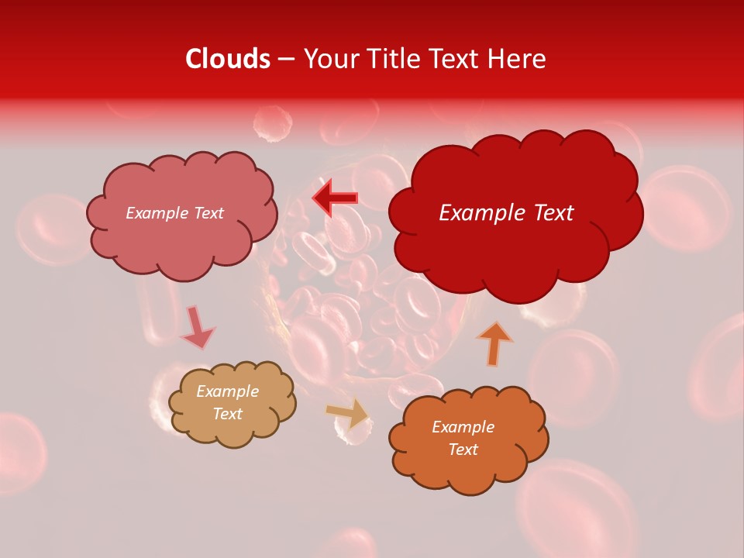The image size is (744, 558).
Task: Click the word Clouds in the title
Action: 228,59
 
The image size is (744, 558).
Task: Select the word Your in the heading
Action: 330,59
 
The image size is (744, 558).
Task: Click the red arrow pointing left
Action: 336,198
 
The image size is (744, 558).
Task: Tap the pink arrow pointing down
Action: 197,328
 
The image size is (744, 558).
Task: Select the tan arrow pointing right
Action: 348,413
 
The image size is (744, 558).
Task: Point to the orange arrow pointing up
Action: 494,343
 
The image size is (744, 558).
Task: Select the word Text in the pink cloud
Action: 208,213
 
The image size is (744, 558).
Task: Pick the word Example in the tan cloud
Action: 228,392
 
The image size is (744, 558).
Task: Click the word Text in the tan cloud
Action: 228,414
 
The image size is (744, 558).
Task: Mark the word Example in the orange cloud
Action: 463,427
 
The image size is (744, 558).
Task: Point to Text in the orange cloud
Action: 463,449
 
